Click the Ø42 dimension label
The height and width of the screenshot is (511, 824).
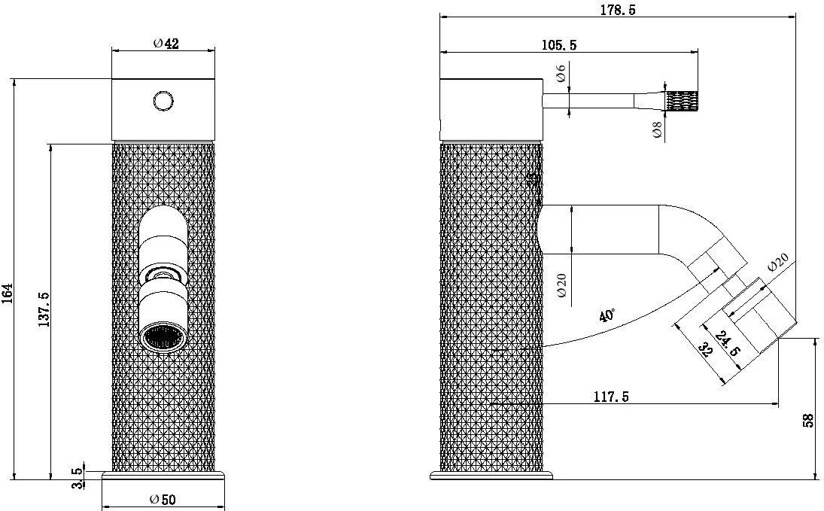coord(166,44)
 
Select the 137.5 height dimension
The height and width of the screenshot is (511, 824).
coord(43,309)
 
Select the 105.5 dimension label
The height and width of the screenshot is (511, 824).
coord(558,45)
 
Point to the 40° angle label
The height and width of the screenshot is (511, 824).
coord(607,315)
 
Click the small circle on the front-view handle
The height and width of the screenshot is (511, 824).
coord(163,100)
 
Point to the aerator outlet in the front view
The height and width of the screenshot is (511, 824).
coord(163,338)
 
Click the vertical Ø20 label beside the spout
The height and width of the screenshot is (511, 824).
coord(561,284)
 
